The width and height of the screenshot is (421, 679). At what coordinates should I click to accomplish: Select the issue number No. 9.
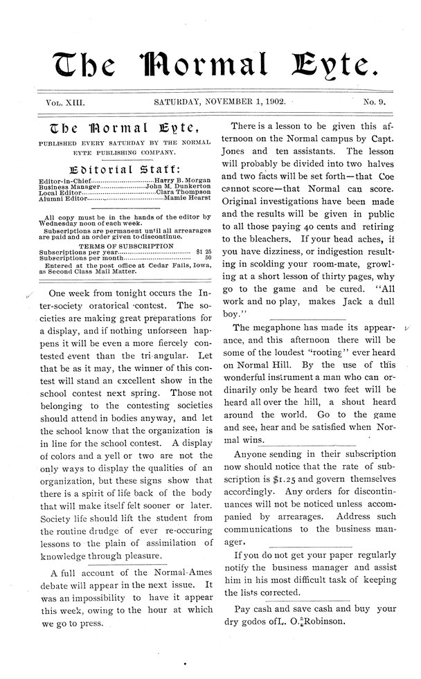(x=377, y=103)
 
